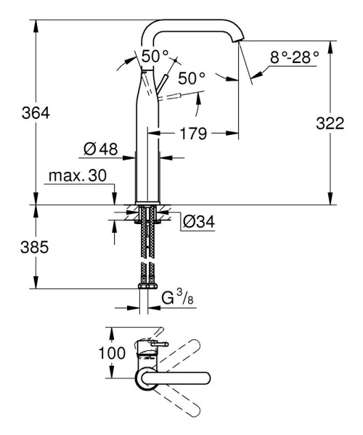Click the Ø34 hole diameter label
(x=199, y=220)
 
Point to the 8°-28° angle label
(x=293, y=57)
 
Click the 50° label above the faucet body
(x=153, y=55)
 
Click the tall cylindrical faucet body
(x=148, y=145)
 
